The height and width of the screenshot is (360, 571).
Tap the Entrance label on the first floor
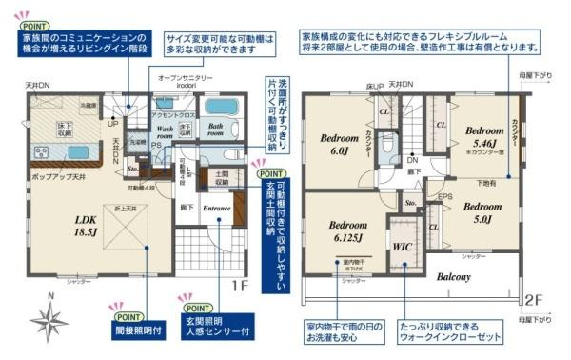(x=217, y=206)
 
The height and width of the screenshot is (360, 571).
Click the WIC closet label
(x=402, y=245)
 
